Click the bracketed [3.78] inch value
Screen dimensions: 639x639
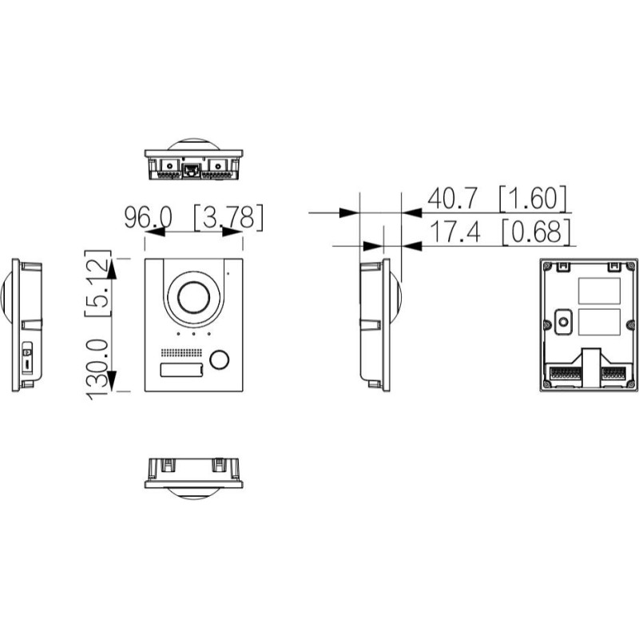pyautogui.click(x=228, y=216)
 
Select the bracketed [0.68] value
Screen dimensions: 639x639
pyautogui.click(x=537, y=232)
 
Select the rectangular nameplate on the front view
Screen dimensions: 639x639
pyautogui.click(x=181, y=369)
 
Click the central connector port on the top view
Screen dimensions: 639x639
pyautogui.click(x=193, y=169)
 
